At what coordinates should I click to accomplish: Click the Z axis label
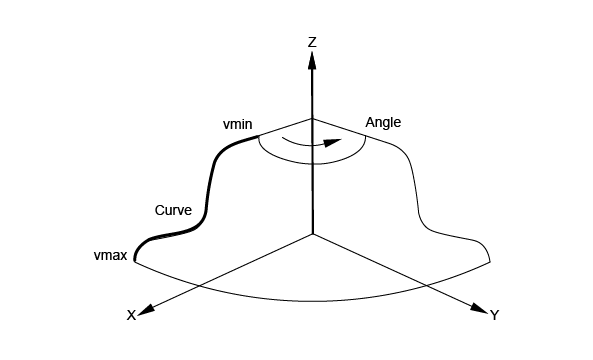tap(312, 42)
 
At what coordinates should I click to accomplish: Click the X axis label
tap(131, 315)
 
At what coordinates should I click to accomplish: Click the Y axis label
tap(495, 315)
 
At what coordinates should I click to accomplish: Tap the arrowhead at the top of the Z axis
tap(312, 60)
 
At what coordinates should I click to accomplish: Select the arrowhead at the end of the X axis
tap(146, 309)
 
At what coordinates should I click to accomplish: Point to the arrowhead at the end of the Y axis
tap(480, 308)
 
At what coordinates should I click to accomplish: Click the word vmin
tap(238, 124)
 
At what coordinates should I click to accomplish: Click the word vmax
tap(110, 256)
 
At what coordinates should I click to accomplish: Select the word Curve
tap(173, 210)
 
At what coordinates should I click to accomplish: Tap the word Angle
tap(383, 122)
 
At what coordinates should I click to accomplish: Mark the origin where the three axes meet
tap(313, 234)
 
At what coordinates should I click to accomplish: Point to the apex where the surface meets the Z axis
tap(312, 119)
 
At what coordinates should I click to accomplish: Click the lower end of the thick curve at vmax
tap(135, 261)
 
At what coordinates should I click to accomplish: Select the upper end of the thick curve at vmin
tap(259, 136)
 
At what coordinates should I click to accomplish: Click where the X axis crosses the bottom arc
tap(198, 284)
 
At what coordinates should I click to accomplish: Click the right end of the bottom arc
tap(491, 261)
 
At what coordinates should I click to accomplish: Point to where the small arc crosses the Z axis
tap(312, 164)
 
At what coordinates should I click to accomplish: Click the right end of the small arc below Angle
tap(366, 136)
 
